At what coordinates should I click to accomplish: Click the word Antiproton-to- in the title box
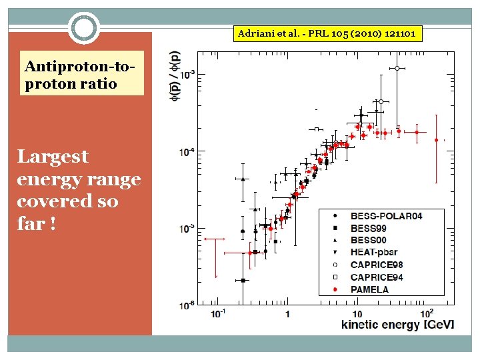click(x=75, y=67)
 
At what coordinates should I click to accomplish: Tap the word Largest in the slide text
click(x=53, y=157)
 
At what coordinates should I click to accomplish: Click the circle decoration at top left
click(x=85, y=28)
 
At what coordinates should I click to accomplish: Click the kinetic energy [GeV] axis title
click(x=397, y=325)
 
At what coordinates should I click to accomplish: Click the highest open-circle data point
click(x=397, y=68)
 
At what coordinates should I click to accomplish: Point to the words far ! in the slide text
click(x=37, y=224)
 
